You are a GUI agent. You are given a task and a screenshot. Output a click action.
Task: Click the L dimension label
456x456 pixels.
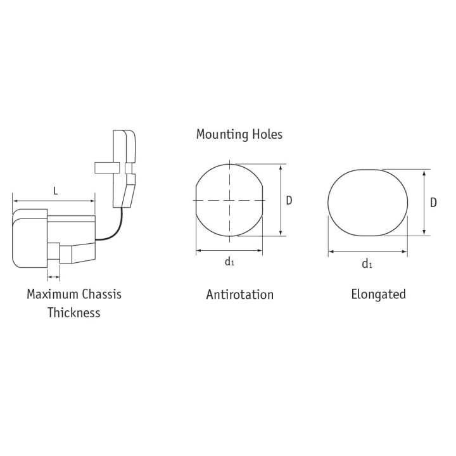pos(56,191)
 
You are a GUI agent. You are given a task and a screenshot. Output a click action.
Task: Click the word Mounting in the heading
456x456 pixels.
pos(222,135)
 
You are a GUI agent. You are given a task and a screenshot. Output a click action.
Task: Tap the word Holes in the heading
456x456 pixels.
pos(267,134)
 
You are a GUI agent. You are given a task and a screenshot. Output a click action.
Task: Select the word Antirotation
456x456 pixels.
pos(240,294)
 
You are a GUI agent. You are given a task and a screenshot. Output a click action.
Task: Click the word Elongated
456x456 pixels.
pos(378,294)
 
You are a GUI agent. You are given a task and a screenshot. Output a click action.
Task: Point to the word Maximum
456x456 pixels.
pos(52,294)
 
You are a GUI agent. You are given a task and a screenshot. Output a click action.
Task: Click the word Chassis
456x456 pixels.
pos(101,294)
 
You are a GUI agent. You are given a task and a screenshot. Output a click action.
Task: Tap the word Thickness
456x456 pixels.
pos(74,313)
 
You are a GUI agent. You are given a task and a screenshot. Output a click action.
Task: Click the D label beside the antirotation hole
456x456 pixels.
pos(289,201)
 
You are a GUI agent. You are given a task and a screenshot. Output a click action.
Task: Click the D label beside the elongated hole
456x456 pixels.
pos(433,203)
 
